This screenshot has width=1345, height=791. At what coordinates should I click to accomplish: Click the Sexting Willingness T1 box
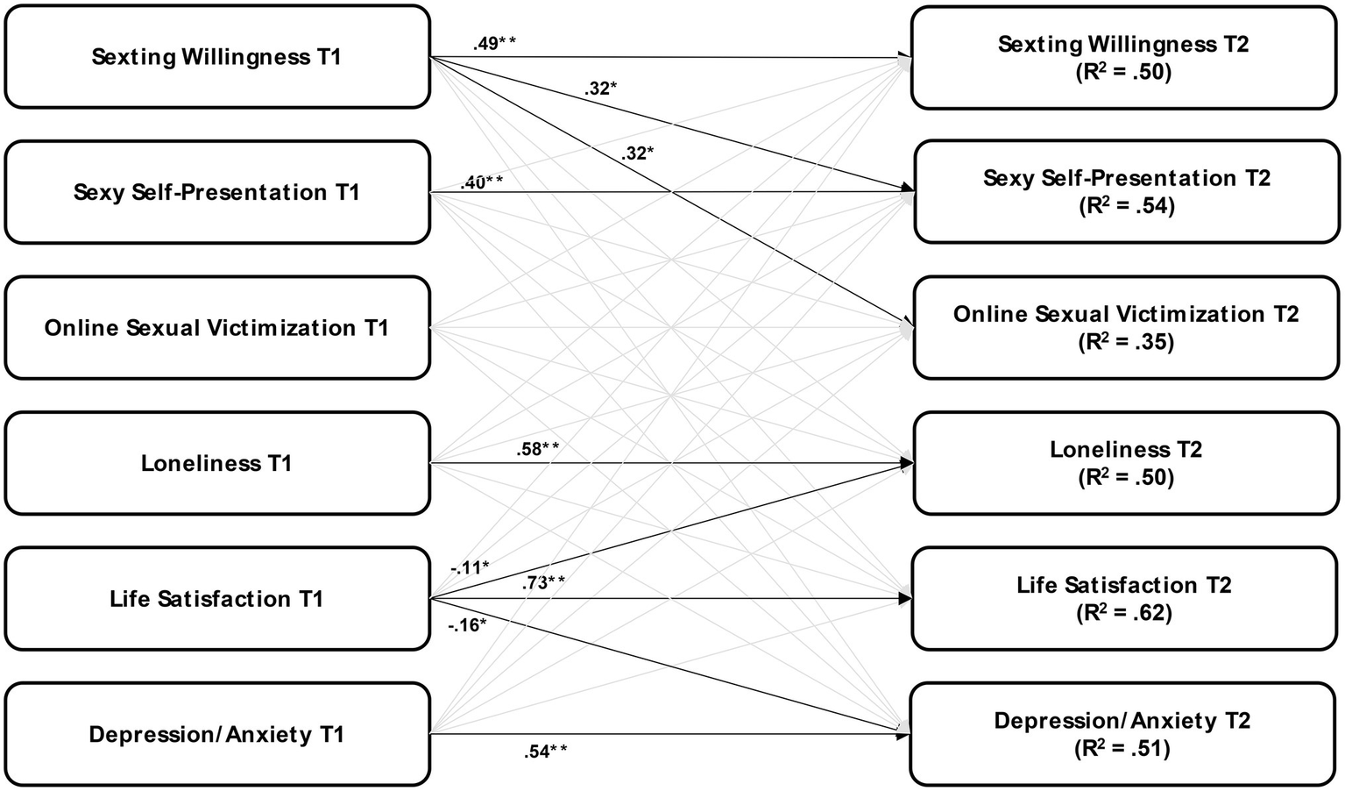(216, 57)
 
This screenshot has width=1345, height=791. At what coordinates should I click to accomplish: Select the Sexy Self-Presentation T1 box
(216, 192)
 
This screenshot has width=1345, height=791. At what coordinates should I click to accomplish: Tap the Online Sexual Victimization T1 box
(216, 328)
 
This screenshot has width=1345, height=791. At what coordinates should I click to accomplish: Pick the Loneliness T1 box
(216, 463)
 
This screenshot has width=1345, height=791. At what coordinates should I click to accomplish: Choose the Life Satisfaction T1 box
(216, 599)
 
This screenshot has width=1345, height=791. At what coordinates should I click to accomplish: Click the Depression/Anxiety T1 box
(216, 734)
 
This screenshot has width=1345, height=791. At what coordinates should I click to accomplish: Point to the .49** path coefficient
(493, 43)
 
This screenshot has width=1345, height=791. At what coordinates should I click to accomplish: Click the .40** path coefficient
(481, 182)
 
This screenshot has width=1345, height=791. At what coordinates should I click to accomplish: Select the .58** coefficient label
(538, 449)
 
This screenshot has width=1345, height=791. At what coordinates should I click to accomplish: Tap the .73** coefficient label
(543, 582)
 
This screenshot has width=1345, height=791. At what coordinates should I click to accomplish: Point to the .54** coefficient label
(545, 751)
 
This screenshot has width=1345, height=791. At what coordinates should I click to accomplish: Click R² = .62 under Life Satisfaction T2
(1124, 613)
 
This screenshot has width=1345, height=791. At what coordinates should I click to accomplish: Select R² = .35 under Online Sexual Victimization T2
(1126, 342)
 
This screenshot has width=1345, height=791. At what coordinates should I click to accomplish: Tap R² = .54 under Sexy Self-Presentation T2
(1126, 206)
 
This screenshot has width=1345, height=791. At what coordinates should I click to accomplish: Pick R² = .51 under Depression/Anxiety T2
(1122, 749)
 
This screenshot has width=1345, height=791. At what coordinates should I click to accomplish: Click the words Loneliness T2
(1126, 450)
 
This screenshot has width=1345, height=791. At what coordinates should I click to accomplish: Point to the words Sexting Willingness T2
(1123, 44)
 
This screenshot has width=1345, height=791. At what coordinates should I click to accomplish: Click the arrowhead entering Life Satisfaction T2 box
(904, 599)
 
